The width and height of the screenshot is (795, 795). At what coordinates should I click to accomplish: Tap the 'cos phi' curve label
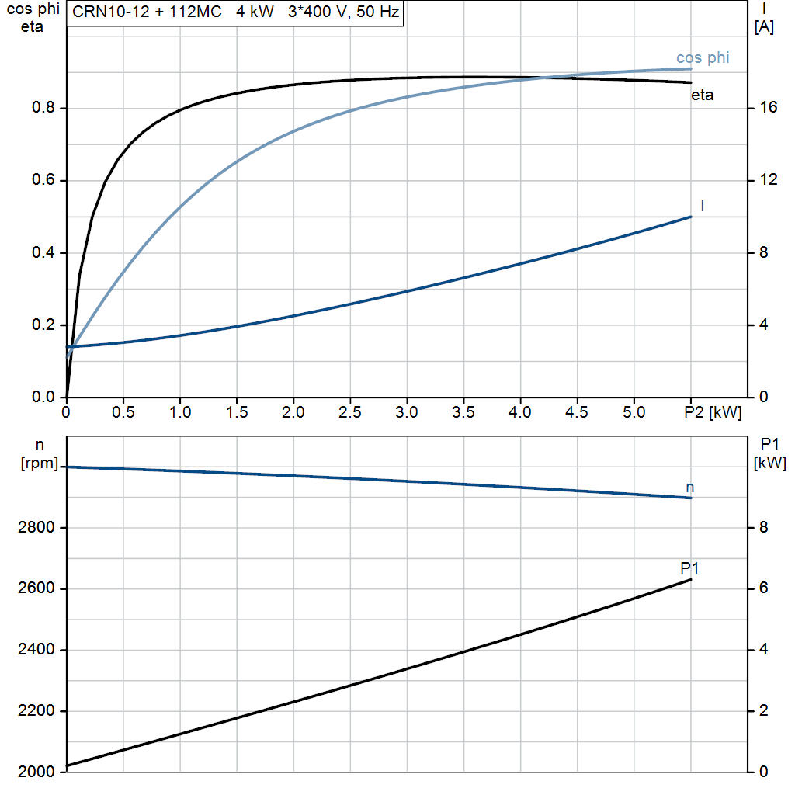coord(703,57)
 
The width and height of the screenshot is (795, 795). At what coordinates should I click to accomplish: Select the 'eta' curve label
coord(702,95)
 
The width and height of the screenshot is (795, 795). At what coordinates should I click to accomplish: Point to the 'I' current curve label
coord(703,205)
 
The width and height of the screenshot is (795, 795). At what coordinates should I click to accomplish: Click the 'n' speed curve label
coord(690,488)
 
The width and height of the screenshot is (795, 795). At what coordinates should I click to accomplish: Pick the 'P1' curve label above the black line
coord(689,568)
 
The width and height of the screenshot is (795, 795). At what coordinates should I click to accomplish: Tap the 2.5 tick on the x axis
coord(350,412)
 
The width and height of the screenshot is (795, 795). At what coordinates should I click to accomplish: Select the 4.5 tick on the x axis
coord(578,412)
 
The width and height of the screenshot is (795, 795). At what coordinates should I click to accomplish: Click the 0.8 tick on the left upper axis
coord(42,108)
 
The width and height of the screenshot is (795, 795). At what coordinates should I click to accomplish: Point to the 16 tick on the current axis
coord(769,108)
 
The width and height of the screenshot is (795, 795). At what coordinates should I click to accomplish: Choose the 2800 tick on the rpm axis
coord(34,528)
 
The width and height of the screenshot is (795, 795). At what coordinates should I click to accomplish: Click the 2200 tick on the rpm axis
coord(34,711)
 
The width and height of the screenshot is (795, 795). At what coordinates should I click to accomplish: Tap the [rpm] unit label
coord(40,463)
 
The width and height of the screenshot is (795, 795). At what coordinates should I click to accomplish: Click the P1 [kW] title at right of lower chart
coord(769,453)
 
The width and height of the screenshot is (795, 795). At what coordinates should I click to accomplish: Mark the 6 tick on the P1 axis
coord(763,588)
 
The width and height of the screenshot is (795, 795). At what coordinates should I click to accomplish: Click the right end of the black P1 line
coord(690,580)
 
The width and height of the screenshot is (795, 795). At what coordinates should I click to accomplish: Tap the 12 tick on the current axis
coord(769,180)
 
